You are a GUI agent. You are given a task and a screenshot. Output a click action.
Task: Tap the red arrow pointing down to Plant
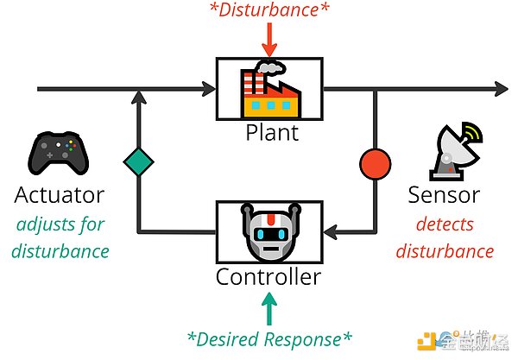coord(269,41)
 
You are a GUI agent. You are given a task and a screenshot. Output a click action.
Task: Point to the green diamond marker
coord(137,161)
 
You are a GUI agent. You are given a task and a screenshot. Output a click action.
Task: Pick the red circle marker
coord(375,163)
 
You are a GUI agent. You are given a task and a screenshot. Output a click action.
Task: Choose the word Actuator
coord(60,194)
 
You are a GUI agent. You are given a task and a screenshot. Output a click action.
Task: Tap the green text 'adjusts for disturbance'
coord(60,237)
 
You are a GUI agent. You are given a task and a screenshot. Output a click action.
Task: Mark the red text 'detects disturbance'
coord(444,237)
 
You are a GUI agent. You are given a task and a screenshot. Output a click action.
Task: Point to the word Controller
coord(268,276)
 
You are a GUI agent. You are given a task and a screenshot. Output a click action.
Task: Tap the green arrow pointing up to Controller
coord(269,305)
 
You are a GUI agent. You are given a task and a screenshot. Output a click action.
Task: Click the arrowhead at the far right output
coord(501,88)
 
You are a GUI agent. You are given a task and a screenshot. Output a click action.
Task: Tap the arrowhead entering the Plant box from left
coord(209,88)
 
